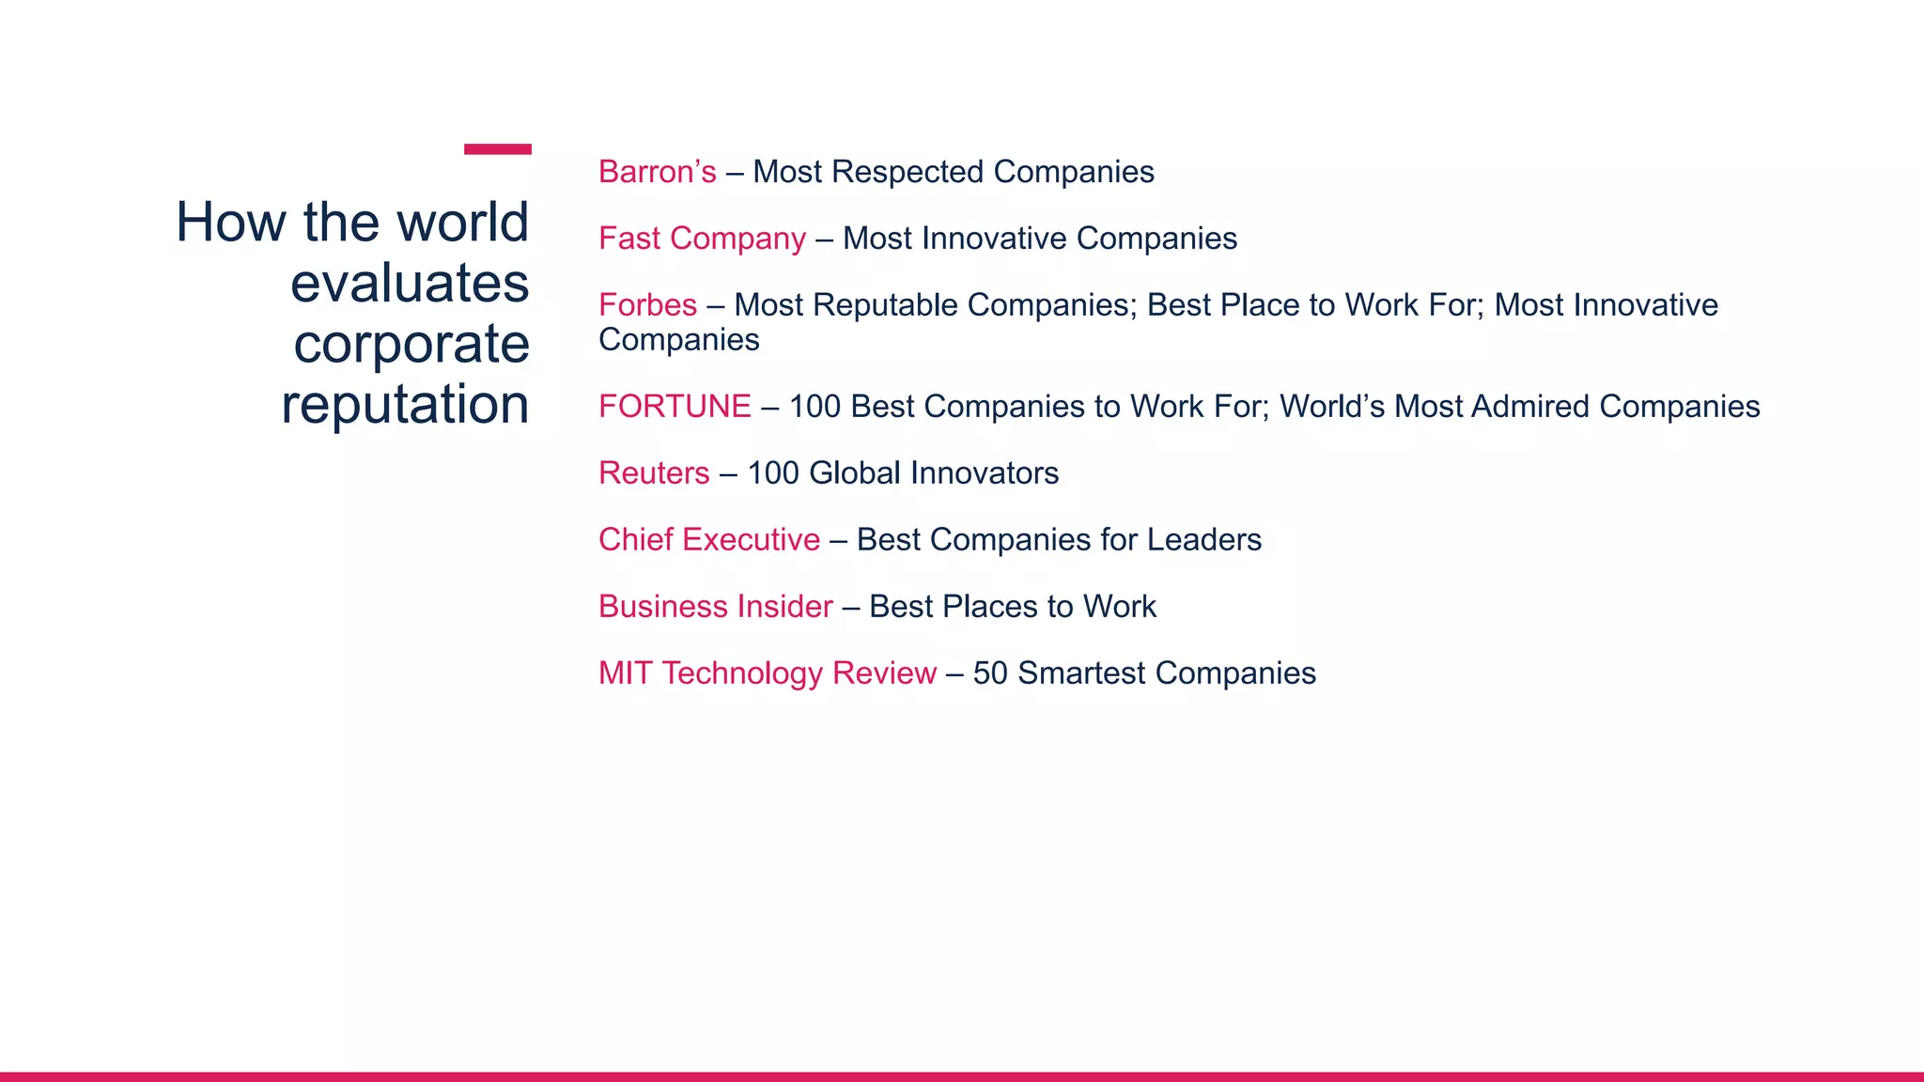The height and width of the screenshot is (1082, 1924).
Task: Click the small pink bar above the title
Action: [497, 149]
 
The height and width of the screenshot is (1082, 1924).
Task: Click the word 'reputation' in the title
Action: [405, 405]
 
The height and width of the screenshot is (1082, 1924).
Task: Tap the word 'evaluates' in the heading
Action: [410, 283]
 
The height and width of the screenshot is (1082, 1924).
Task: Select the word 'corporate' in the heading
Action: [411, 344]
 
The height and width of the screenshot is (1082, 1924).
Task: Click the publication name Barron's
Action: [657, 172]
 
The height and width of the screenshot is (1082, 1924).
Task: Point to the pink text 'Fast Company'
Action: [702, 239]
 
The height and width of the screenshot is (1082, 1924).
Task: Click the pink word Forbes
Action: [647, 305]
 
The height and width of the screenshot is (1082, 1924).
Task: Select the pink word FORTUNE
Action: [675, 407]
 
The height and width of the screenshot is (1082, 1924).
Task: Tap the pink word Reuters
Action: [654, 473]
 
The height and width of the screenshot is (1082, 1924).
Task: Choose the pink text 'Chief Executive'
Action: [709, 540]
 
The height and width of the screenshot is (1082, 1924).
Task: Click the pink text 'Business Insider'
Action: [715, 607]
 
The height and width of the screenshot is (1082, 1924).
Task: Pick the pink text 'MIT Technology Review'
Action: [768, 673]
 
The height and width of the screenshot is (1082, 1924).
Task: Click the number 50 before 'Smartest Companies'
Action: [989, 673]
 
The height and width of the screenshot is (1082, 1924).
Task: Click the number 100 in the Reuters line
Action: [772, 473]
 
